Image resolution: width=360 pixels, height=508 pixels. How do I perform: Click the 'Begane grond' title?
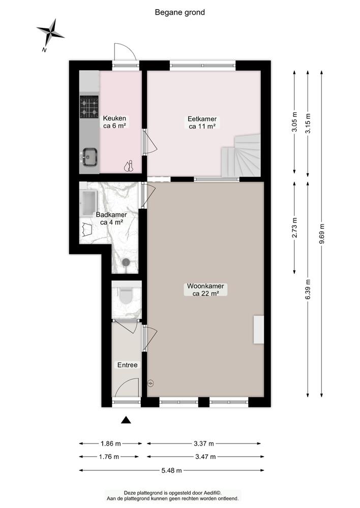point(180,12)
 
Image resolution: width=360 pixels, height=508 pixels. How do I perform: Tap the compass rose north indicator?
point(50,32)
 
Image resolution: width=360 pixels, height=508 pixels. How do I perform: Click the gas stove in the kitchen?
point(89,107)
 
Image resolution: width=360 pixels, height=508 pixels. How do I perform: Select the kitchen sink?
point(90,156)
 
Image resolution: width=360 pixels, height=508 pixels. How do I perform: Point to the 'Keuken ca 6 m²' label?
point(115,122)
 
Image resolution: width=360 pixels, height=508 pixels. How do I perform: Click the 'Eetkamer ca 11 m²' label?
point(202,123)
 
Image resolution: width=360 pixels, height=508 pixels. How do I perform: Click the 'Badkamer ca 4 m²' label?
point(111,218)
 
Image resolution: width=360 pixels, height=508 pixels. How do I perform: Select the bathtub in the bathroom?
point(89,202)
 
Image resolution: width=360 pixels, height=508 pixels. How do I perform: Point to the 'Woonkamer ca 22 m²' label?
point(205,290)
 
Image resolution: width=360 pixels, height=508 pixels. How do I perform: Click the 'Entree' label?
point(127,365)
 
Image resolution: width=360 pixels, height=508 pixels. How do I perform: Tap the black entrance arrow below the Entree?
point(126,420)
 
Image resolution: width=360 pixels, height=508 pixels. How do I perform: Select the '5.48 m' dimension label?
point(171,470)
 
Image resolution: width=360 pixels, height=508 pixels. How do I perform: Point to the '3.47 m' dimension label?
point(205,456)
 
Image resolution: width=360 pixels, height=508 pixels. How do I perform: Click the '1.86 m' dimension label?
point(110,442)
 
